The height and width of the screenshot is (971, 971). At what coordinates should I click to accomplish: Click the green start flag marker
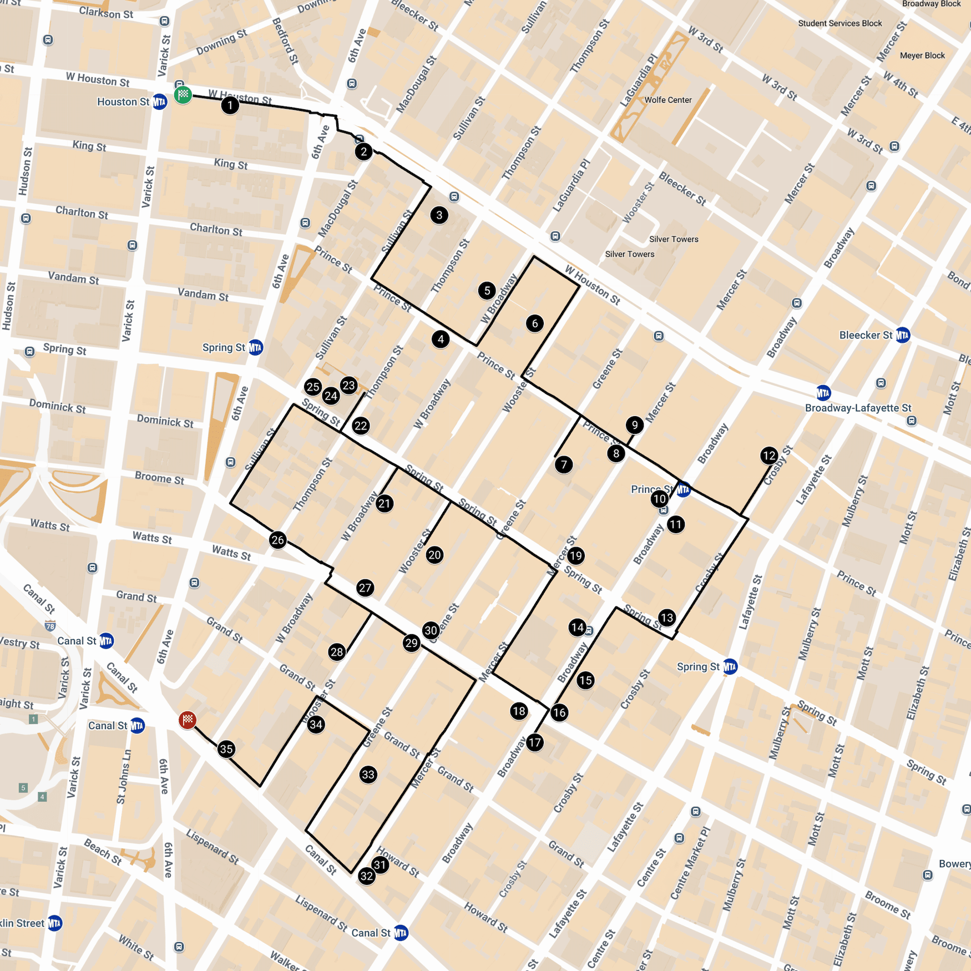pos(183,94)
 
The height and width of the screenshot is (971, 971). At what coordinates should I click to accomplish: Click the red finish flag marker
pos(188,720)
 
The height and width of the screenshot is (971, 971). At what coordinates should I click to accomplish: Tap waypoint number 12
pos(769,456)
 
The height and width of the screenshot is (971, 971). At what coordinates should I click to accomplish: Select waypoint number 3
pos(439,215)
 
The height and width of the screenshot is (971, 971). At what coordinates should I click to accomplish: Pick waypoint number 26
pos(278,540)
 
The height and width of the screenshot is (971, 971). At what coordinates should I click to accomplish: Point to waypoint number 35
pos(226,749)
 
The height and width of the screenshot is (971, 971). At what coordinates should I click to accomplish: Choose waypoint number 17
pos(535,742)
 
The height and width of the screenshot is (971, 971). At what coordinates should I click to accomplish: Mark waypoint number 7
pos(564,464)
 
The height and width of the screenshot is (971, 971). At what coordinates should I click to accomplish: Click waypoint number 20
pos(434,555)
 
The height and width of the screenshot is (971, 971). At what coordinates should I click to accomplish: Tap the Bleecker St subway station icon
pos(903,335)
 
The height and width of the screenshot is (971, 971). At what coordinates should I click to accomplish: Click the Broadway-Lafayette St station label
pos(858,408)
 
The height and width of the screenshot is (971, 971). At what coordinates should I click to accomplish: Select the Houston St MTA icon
pos(160,102)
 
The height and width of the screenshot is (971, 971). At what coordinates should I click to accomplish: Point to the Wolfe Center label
pos(668,100)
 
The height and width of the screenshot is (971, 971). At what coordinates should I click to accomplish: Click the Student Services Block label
pos(839,23)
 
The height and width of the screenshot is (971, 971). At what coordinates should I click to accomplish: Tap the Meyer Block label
pos(922,55)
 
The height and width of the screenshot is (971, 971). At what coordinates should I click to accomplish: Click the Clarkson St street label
pos(106,13)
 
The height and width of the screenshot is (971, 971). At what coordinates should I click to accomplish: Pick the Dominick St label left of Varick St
pos(58,407)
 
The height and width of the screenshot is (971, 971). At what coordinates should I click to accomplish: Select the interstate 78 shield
pos(50,626)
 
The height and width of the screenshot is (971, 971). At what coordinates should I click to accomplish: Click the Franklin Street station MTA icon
pos(54,923)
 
